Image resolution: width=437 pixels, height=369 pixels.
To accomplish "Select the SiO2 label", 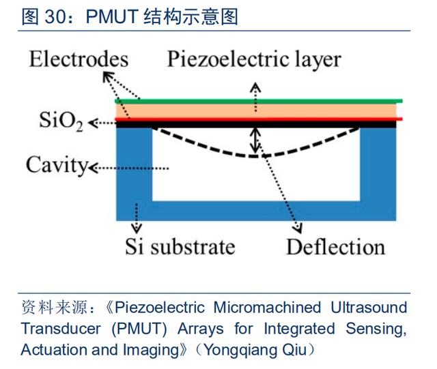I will click(61, 123).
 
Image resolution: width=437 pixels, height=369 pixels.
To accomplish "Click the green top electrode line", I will click(259, 101).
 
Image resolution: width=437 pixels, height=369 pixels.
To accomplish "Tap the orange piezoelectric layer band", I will click(205, 110).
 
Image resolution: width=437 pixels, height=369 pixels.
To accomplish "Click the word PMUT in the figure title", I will click(113, 16).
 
